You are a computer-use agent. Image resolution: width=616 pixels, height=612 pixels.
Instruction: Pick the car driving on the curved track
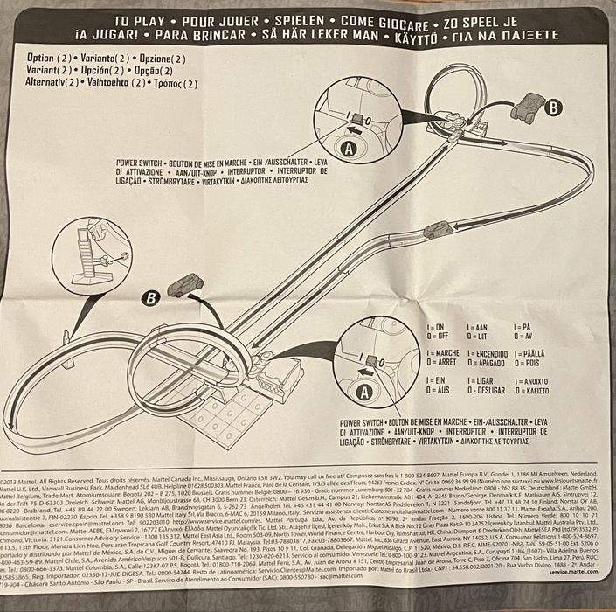[434, 231]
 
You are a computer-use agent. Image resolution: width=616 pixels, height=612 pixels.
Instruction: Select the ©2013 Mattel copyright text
[26, 481]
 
